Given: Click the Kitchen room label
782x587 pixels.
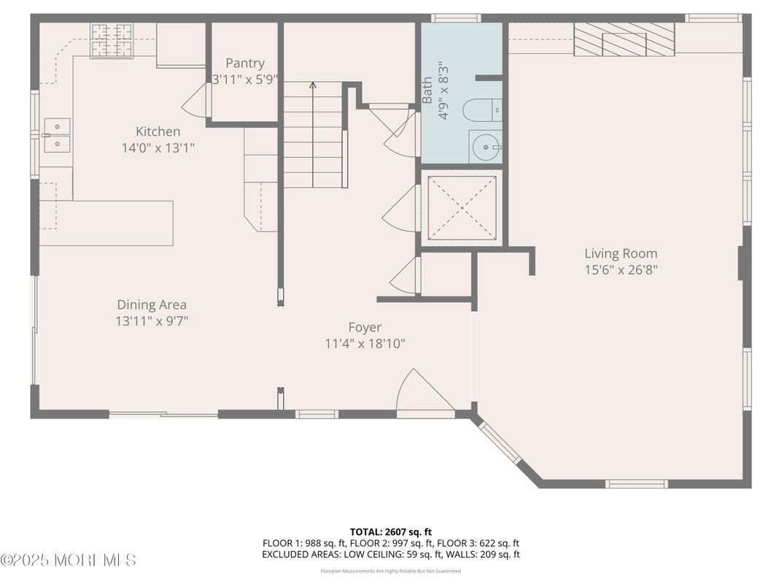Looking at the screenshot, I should coord(158,131).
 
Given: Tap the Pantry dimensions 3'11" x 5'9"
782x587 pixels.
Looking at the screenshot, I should coord(244,79).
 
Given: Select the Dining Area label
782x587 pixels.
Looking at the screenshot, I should coord(152,304).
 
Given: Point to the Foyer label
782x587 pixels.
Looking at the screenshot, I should coord(364,327).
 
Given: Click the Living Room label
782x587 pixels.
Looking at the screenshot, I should coord(620,253).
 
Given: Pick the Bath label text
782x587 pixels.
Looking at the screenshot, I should coord(427,91).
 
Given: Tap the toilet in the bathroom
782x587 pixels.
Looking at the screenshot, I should coord(482,110).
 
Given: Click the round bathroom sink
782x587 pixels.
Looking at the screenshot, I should coord(484,147).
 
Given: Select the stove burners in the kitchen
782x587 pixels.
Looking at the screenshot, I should coord(112,40).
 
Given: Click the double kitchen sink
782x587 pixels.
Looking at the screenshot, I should coord(57,135).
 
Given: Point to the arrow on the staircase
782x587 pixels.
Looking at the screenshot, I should coord(313,86).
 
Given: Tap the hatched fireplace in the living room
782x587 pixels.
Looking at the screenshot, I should coord(624,39).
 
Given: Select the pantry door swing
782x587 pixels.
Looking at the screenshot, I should coord(195,101).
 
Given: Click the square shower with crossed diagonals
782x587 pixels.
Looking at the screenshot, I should coord(461,208).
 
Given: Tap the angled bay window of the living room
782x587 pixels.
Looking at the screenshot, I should coord(500,442).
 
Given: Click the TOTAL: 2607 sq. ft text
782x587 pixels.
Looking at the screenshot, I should coord(391,532).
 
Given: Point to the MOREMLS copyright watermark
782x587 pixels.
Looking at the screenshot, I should coord(68,561).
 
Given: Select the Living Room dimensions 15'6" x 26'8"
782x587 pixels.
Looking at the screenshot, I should coord(620,269).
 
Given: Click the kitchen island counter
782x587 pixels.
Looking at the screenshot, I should coord(106,223).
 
